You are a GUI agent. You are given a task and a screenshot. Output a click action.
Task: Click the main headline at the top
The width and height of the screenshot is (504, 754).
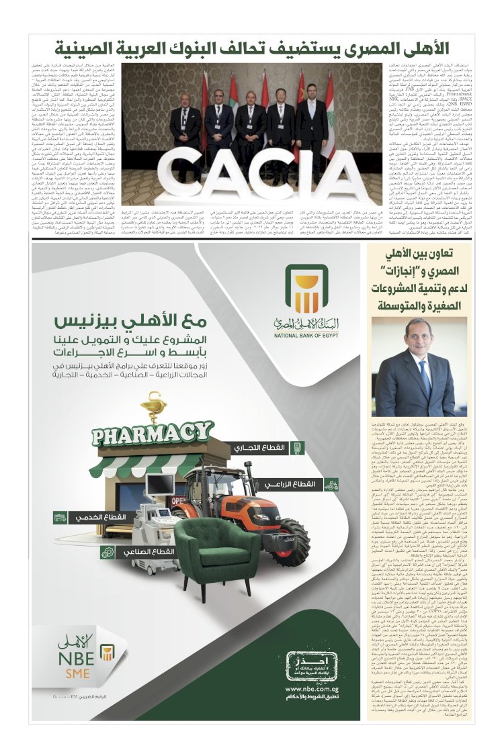pyautogui.click(x=252, y=49)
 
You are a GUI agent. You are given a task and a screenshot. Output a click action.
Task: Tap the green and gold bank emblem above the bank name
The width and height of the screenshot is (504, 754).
pyautogui.click(x=306, y=288)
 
